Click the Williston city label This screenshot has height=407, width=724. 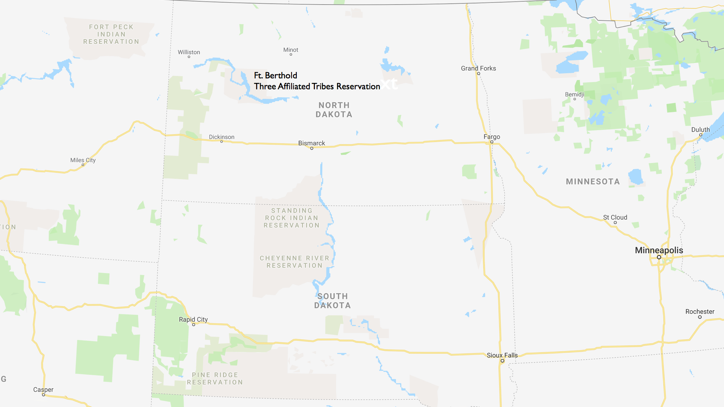coord(189,52)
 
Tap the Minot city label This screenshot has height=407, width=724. coord(291,50)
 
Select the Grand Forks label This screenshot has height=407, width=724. coord(478,68)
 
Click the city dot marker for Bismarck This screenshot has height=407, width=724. coord(312,148)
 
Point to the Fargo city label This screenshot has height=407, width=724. coord(492,137)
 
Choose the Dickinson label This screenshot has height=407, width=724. coord(222,137)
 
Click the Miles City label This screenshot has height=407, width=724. coord(83,160)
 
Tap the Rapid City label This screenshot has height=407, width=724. coord(193,320)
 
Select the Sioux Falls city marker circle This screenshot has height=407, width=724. coord(502,361)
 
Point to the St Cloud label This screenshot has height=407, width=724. coord(615,217)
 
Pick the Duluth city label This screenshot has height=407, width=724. coord(700,130)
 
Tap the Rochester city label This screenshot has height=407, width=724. coord(700,312)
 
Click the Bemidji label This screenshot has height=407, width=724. coord(574,95)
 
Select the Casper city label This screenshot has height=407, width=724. coord(43,390)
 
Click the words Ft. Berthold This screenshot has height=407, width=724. coord(276,75)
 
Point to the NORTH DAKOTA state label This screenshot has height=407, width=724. coord(334,110)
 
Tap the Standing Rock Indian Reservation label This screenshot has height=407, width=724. coord(291,218)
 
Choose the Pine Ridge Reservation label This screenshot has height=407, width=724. coord(215,378)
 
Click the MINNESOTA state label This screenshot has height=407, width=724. coord(593,182)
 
